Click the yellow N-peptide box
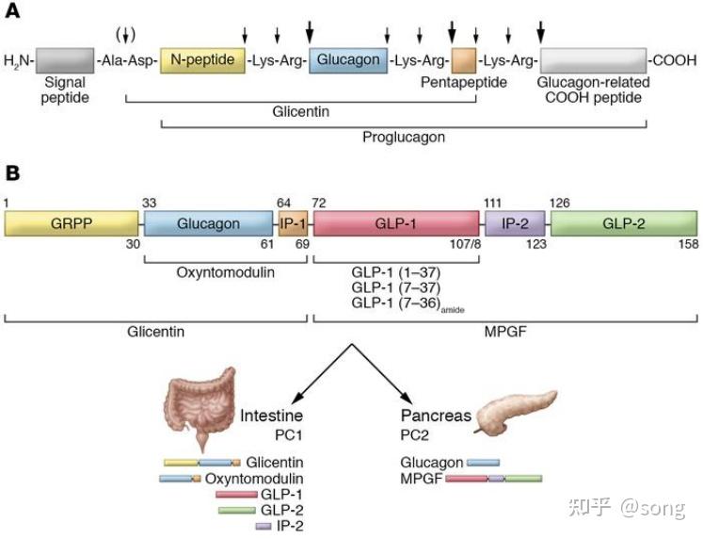coord(202,60)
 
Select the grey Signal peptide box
coord(65,60)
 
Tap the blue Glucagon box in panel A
coord(348,60)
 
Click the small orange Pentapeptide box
coord(464,60)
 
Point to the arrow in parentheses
coord(126,35)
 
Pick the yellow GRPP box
coord(72,223)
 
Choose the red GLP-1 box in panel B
coord(396,223)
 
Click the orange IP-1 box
coord(294,223)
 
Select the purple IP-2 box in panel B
coord(515,223)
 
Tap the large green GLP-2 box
coord(624,223)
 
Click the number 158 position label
coord(689,244)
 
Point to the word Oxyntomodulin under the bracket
coord(226,272)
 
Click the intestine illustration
coord(200,406)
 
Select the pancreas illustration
coord(516,413)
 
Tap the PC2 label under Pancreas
coord(414,435)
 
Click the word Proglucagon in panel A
coord(404,137)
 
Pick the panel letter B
coord(12,173)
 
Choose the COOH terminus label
coord(675,60)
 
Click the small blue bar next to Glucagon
coord(483,463)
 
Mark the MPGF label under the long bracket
coord(505,332)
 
